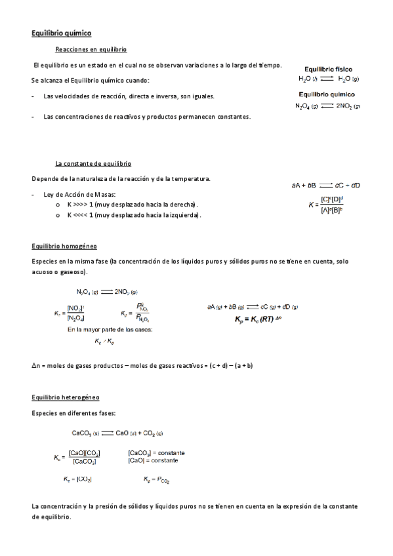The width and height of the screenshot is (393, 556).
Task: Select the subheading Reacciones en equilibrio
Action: click(x=91, y=50)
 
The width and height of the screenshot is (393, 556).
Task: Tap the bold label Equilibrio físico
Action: click(x=327, y=68)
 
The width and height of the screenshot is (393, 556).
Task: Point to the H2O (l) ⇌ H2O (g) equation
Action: click(x=328, y=79)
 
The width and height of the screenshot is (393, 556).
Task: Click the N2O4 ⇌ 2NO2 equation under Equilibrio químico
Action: click(x=327, y=106)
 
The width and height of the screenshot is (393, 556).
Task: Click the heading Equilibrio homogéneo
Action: click(x=64, y=247)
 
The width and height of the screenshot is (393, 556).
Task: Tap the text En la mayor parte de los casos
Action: click(x=110, y=329)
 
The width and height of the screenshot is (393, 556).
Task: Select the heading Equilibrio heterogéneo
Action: click(x=66, y=397)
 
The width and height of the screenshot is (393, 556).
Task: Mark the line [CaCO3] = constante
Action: click(x=156, y=453)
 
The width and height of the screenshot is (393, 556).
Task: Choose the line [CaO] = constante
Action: click(x=152, y=460)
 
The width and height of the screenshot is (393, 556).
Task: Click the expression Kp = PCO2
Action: click(x=156, y=480)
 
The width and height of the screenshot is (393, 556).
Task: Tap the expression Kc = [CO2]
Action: click(x=77, y=479)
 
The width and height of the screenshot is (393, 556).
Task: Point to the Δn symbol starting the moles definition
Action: click(x=35, y=365)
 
